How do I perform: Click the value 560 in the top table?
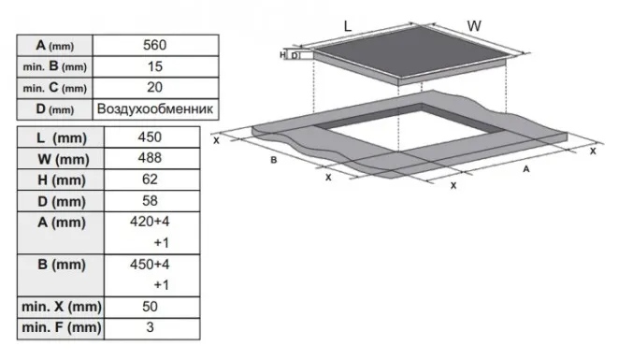coord(154,45)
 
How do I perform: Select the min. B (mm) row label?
coord(55,66)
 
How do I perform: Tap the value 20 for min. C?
coord(154,87)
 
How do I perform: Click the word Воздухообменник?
coord(155,108)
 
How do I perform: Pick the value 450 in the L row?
coord(150,137)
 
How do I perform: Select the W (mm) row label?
coord(64,159)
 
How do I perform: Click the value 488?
coord(150,158)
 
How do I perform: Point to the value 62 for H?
coord(150,180)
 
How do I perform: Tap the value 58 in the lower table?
coord(150,201)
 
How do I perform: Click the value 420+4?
coord(150,222)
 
